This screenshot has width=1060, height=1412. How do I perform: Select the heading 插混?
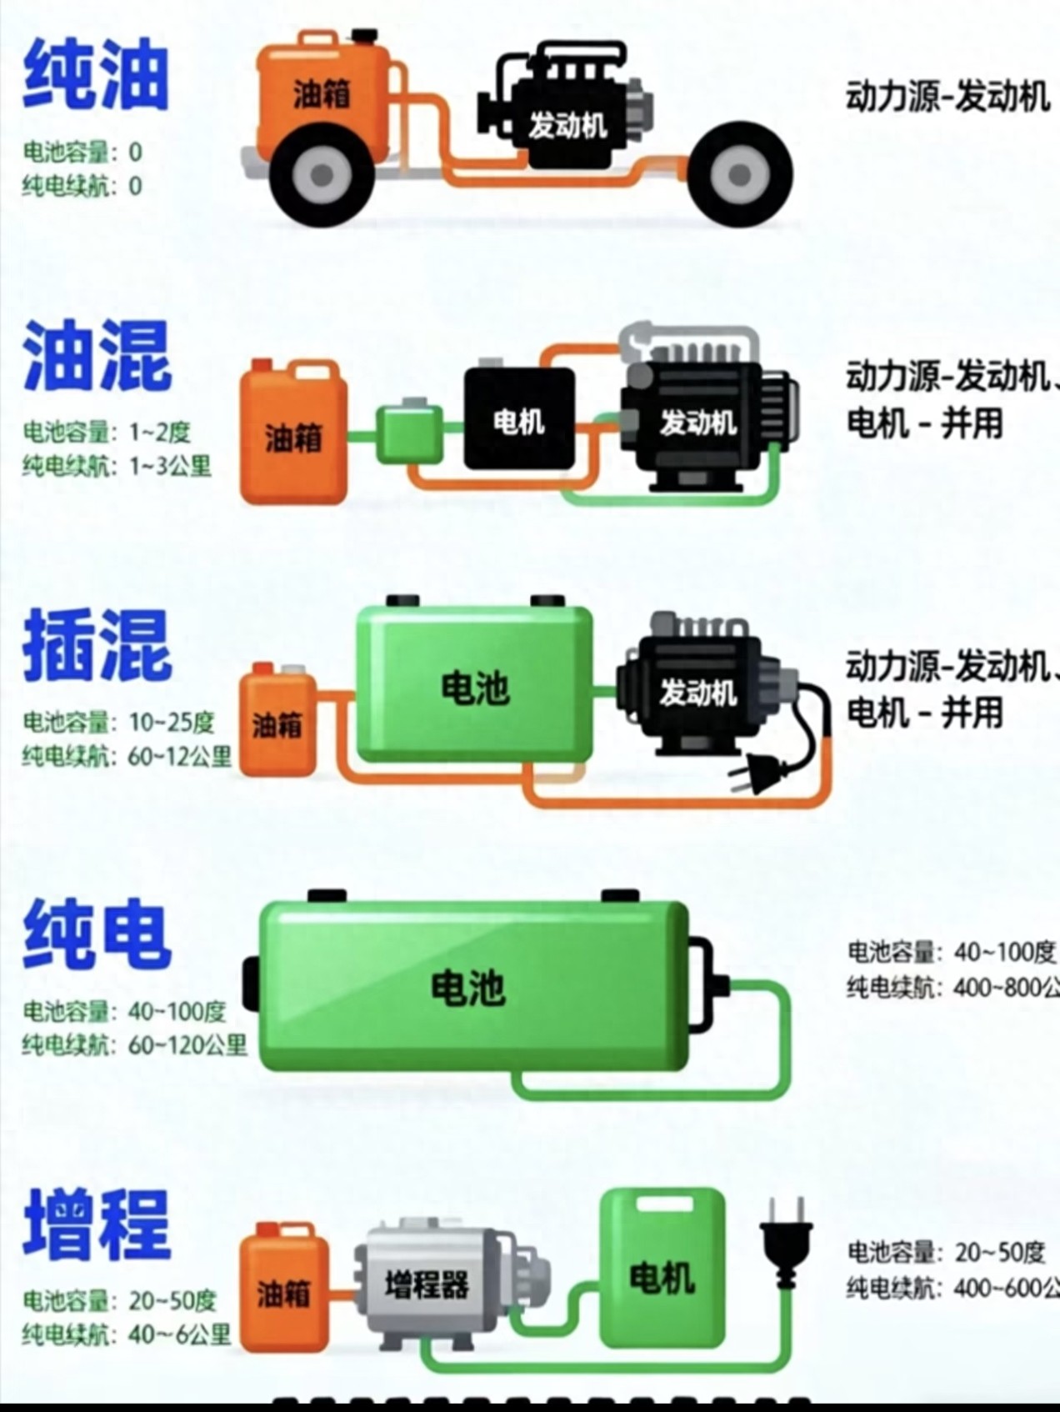[x=97, y=645]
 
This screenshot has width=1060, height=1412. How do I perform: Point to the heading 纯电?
[x=97, y=934]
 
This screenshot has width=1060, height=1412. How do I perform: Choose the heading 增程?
[x=97, y=1224]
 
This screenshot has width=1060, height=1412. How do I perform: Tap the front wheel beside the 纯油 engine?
[x=739, y=174]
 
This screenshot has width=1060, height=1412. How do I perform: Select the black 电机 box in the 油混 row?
[x=519, y=419]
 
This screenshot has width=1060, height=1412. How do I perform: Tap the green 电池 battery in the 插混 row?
[x=474, y=686]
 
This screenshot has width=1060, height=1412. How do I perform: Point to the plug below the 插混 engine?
[x=755, y=773]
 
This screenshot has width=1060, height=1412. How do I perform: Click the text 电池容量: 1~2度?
[x=107, y=432]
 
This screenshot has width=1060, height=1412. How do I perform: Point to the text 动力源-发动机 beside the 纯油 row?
[x=947, y=97]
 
